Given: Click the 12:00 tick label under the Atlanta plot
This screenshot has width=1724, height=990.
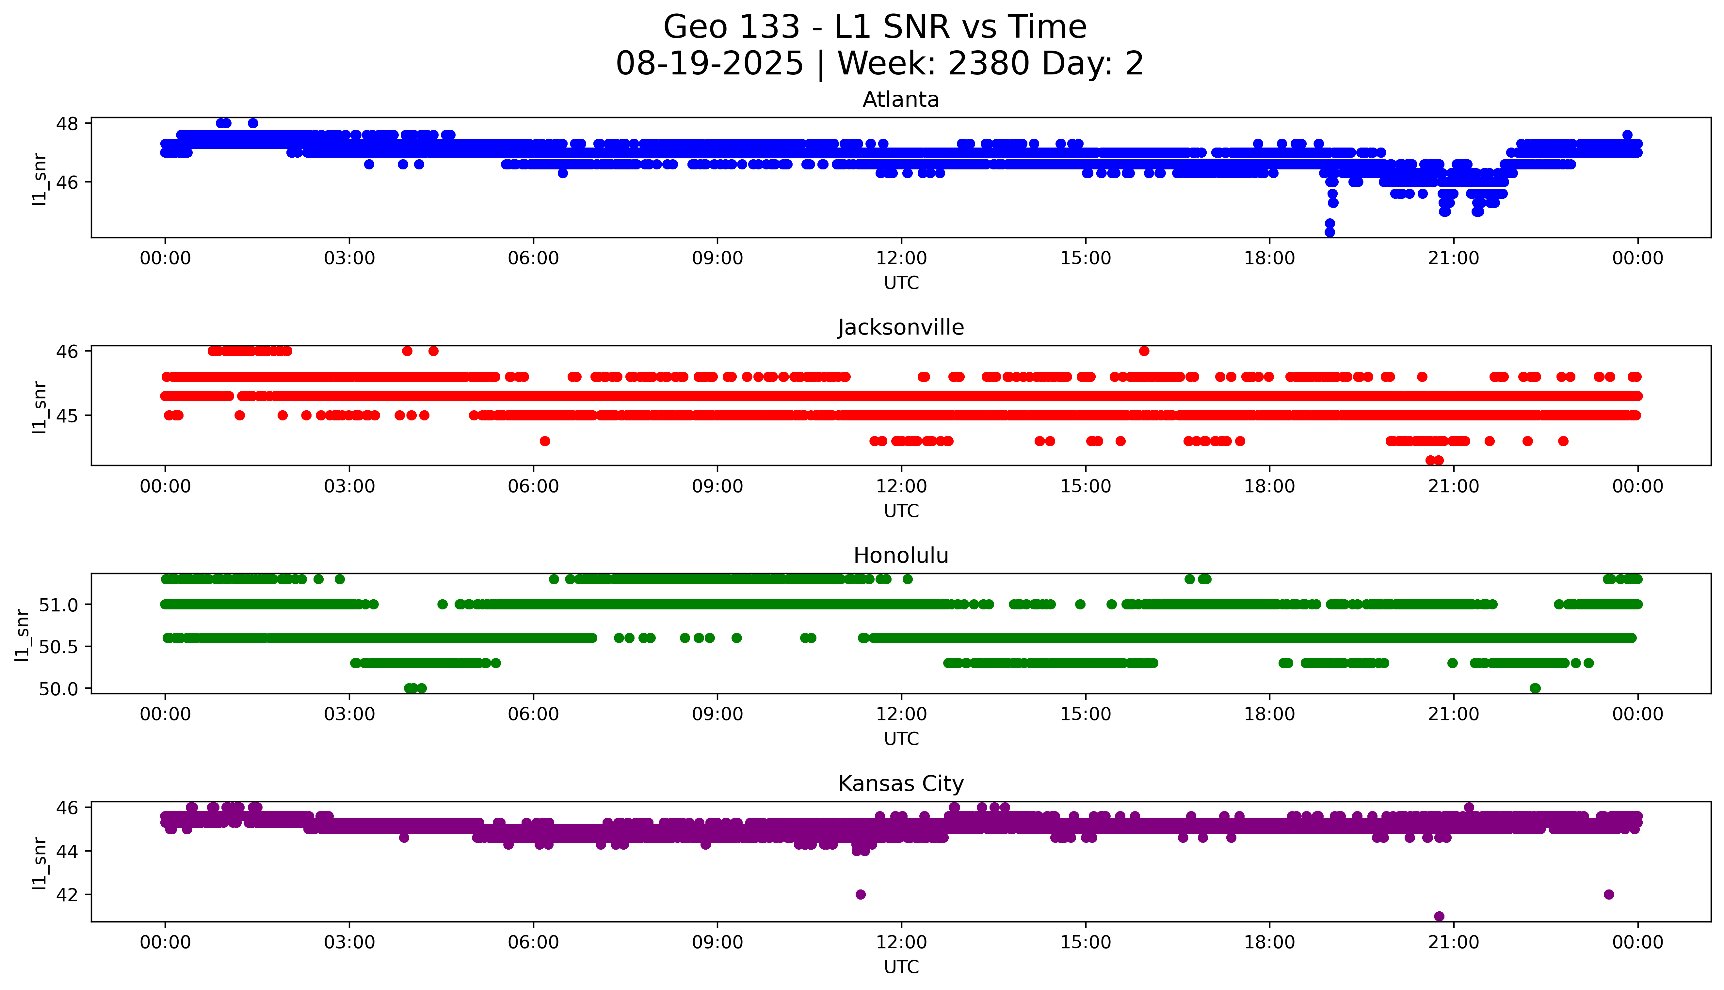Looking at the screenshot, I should [x=901, y=259].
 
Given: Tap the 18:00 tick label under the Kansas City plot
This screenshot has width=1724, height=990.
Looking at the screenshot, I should [x=1270, y=942].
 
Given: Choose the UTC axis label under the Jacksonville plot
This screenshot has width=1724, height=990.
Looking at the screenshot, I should [x=901, y=511].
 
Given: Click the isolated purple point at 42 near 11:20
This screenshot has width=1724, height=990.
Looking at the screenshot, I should [x=860, y=894].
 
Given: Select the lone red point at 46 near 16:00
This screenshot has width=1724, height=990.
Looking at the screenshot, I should [x=1144, y=351].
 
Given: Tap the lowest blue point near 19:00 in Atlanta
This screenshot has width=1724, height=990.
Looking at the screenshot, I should [x=1329, y=232].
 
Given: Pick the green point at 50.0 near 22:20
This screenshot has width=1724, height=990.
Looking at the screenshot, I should [x=1535, y=688].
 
